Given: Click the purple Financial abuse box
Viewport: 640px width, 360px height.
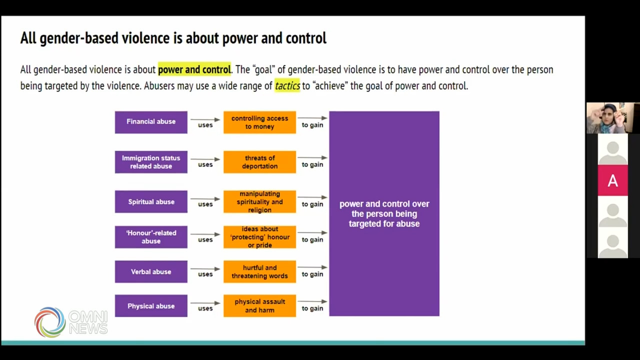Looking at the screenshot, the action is click(x=151, y=122).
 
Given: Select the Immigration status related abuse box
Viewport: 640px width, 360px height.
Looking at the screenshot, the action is click(x=151, y=162).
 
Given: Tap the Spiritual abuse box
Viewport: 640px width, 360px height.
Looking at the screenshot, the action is click(x=151, y=201).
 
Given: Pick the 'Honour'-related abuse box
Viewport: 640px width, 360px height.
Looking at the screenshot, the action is click(x=151, y=237).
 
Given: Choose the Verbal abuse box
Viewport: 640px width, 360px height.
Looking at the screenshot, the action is click(x=151, y=271).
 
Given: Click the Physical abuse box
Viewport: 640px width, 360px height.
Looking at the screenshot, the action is click(x=151, y=305).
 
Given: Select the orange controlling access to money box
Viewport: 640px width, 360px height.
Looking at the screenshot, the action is click(x=259, y=122).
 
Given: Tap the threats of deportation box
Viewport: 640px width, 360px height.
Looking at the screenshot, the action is click(x=259, y=162).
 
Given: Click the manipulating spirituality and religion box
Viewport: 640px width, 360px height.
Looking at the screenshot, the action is click(x=259, y=201).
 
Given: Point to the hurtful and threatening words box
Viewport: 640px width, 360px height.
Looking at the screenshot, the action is click(x=259, y=271).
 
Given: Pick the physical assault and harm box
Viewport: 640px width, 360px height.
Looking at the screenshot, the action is click(x=259, y=305).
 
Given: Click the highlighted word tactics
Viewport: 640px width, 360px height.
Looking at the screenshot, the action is click(x=287, y=85).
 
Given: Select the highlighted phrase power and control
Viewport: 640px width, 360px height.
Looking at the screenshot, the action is click(x=194, y=69).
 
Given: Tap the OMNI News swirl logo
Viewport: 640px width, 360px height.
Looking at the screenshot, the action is click(x=50, y=322).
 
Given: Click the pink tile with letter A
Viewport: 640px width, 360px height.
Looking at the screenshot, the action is click(x=612, y=180).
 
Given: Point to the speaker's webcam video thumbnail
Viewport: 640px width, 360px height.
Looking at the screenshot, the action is click(x=613, y=118).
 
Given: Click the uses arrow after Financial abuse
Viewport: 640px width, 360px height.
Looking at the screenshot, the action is click(x=205, y=119).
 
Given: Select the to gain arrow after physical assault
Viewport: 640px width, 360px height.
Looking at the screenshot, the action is click(x=312, y=301).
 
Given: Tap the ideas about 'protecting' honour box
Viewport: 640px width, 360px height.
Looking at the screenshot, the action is click(x=259, y=237).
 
